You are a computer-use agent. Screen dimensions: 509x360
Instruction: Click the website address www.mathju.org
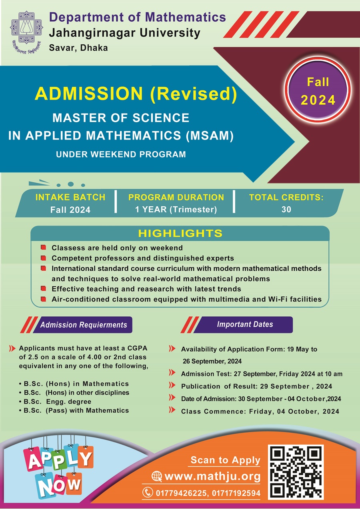212,476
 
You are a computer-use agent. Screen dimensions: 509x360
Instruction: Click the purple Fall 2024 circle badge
318,91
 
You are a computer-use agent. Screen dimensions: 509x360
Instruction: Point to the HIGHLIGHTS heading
180,233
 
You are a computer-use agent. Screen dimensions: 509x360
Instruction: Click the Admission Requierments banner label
83,325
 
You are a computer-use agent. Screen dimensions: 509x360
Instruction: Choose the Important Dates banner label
245,324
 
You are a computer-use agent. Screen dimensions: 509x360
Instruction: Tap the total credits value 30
286,209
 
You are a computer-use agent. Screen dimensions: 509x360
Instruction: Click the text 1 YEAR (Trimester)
176,209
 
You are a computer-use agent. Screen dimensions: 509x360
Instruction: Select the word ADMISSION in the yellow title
89,93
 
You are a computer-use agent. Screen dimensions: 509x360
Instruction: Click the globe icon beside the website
156,476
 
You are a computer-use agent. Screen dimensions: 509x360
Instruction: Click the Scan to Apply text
225,460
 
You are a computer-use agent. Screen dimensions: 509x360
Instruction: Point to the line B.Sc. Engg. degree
57,401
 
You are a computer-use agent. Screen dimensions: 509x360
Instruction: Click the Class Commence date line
260,411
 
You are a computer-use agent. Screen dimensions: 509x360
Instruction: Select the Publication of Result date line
256,386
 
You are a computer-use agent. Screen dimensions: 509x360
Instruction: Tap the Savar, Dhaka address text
78,48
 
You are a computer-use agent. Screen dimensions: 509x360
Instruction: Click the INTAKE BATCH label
70,197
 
